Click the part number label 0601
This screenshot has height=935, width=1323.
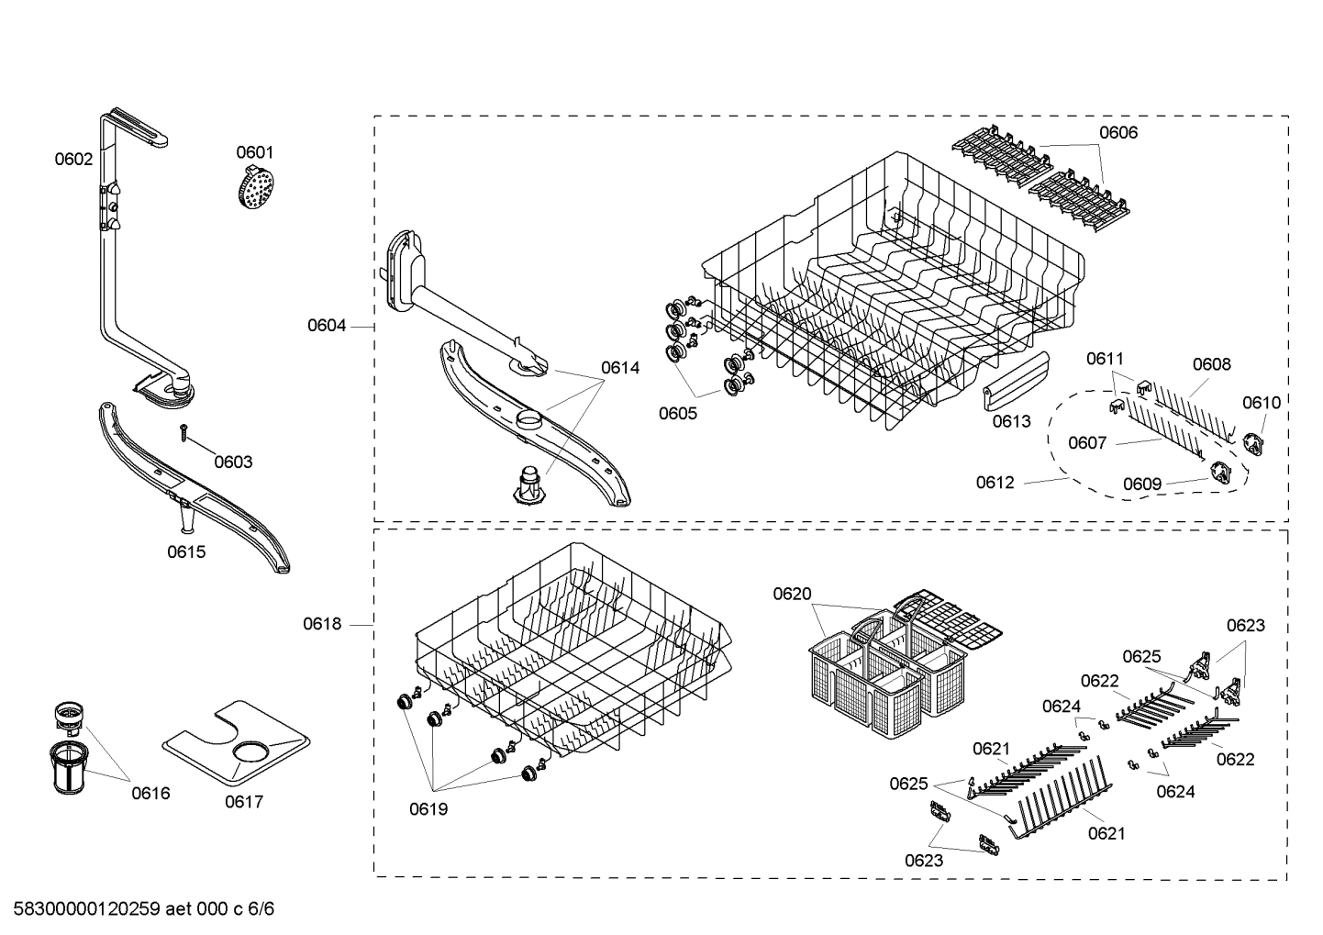click(254, 152)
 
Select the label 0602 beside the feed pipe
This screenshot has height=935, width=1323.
click(73, 159)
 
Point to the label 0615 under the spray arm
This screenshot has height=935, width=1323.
click(186, 551)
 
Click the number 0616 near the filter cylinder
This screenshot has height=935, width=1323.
click(150, 793)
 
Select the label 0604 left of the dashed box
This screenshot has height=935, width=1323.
click(327, 325)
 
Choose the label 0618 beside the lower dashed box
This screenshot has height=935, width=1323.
click(322, 624)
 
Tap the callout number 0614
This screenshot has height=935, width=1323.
click(620, 368)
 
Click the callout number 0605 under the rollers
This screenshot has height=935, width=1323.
click(677, 413)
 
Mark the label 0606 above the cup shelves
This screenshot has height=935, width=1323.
click(1117, 132)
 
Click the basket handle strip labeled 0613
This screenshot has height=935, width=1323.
click(1016, 381)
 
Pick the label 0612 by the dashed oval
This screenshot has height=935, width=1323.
click(995, 482)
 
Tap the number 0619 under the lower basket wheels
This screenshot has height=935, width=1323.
click(428, 809)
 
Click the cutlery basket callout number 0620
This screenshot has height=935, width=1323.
click(792, 594)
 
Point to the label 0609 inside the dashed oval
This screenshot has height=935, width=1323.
click(1141, 484)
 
